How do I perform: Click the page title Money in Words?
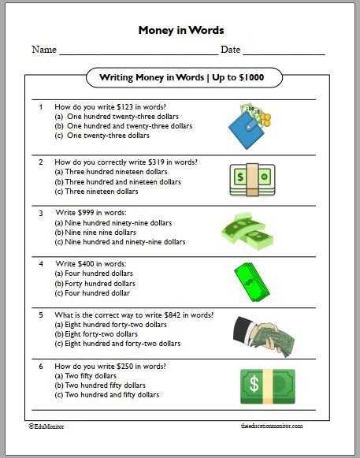point(181,30)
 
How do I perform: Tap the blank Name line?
point(139,54)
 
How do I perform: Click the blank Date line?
point(284,54)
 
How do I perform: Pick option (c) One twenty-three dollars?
point(102,136)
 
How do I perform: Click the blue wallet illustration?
point(246,130)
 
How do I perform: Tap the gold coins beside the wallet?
point(265,120)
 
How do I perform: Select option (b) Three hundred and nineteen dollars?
point(117,182)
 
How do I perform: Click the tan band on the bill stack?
point(252,180)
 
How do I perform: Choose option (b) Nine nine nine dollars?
point(95,233)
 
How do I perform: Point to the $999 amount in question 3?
point(86,213)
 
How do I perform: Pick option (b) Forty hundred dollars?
point(95,284)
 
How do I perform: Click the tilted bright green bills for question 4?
point(252,282)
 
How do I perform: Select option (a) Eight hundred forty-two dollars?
point(110,325)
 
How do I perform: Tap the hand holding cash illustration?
point(264,337)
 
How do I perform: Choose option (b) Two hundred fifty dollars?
point(100,385)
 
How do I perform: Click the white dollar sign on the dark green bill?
point(254,384)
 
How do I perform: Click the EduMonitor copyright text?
point(46,426)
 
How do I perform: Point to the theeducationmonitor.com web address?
point(272,426)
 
